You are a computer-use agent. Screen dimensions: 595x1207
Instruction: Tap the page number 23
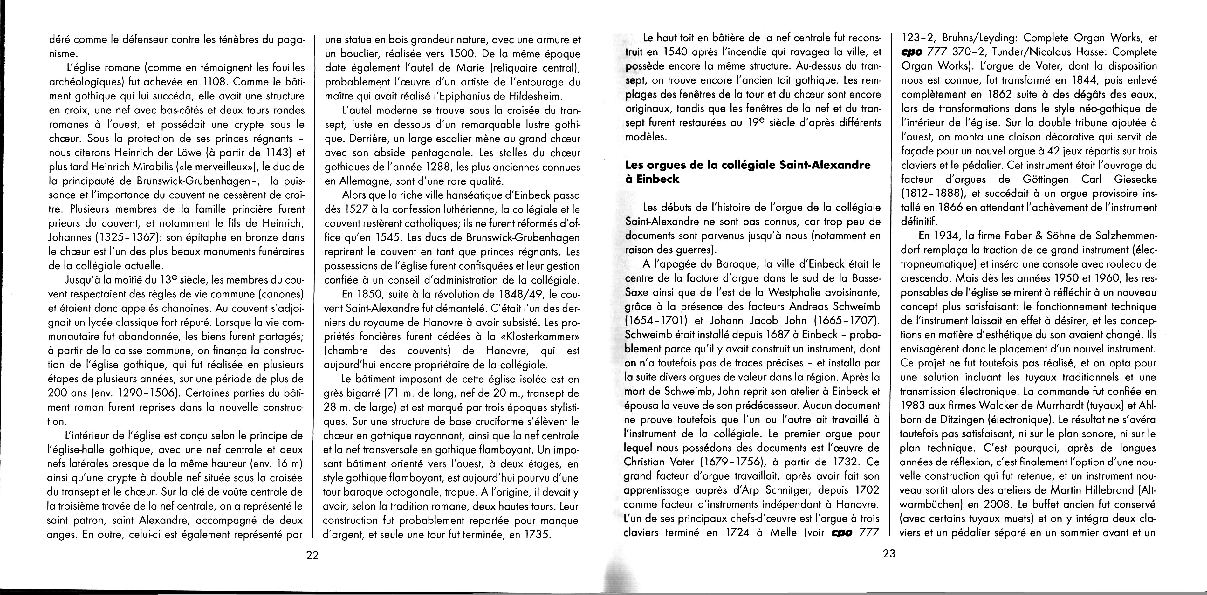889,553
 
